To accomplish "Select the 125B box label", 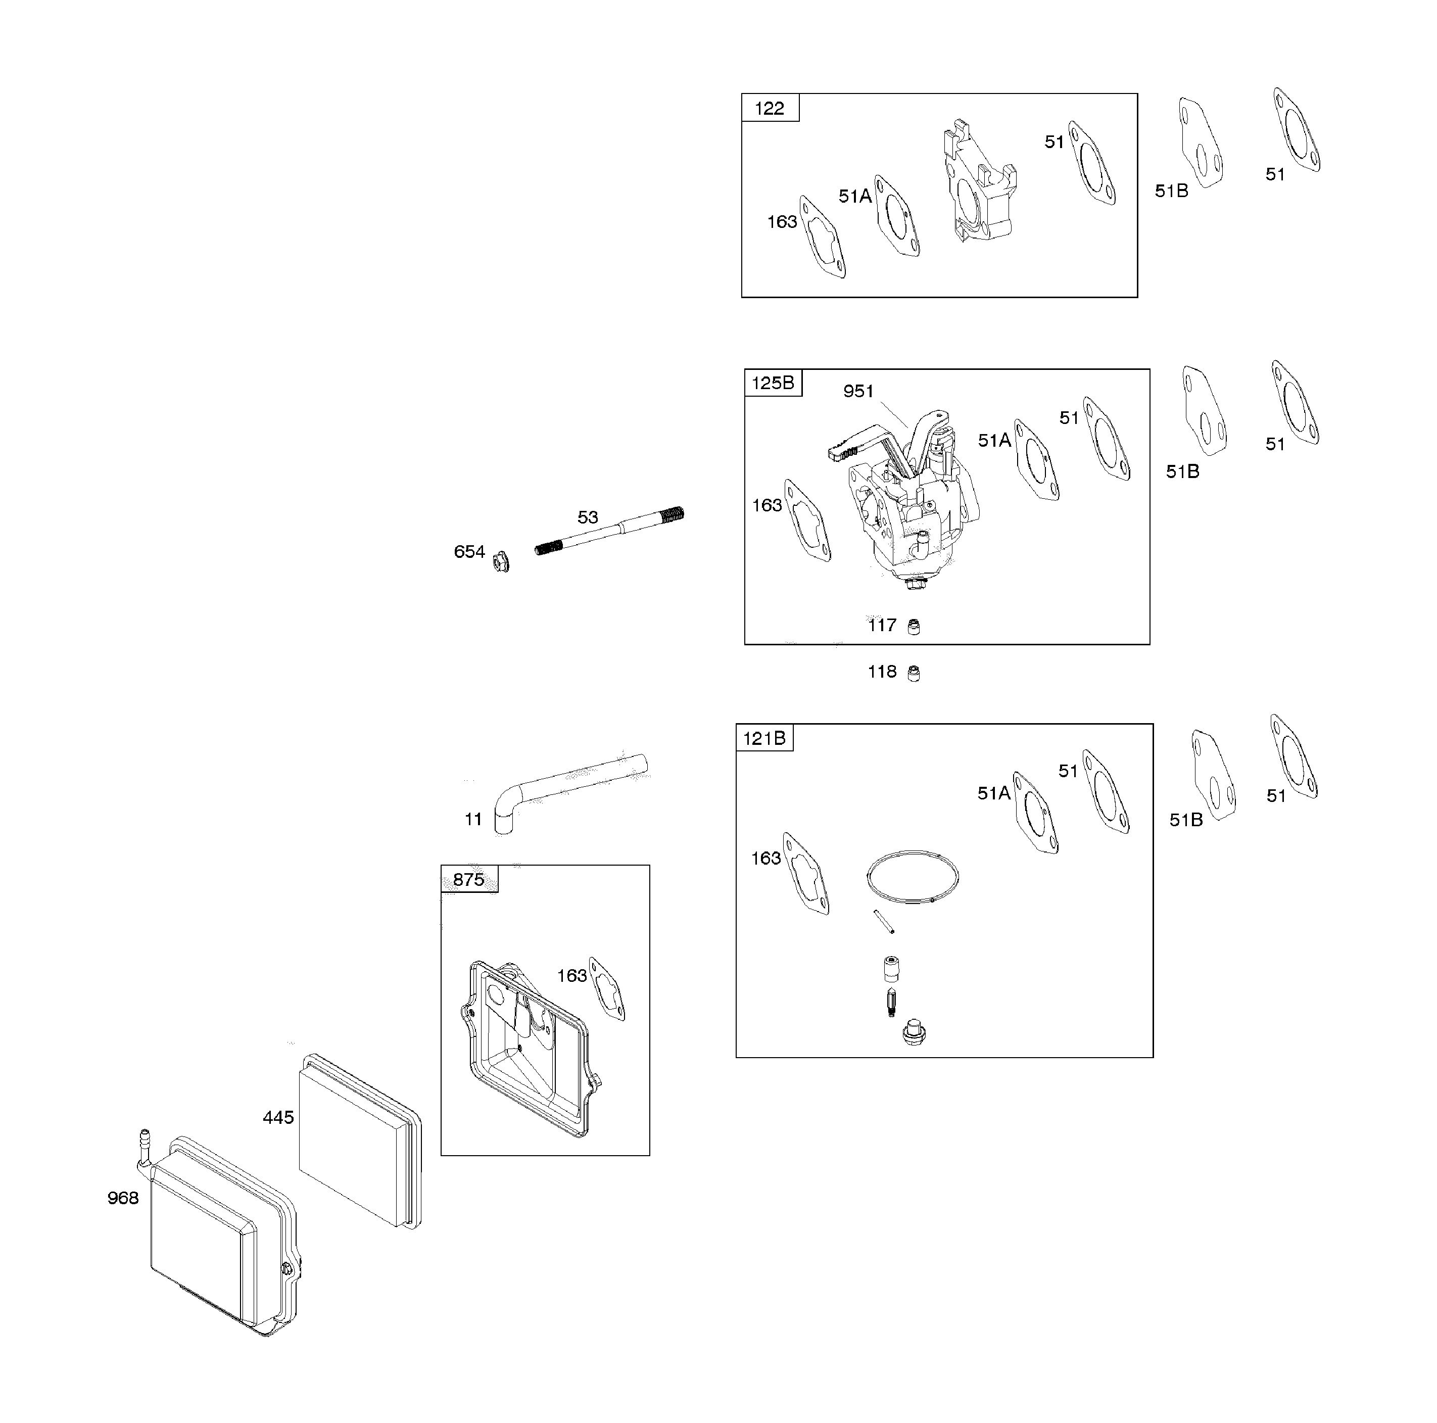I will pyautogui.click(x=772, y=383).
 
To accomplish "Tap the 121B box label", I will pyautogui.click(x=764, y=738).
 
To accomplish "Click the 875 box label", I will pyautogui.click(x=468, y=879).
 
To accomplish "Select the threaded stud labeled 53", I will pyautogui.click(x=610, y=531).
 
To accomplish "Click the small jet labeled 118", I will pyautogui.click(x=914, y=674).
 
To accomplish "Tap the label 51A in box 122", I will pyautogui.click(x=854, y=197).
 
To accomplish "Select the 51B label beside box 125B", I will pyautogui.click(x=1182, y=471).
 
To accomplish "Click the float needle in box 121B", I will pyautogui.click(x=892, y=1003).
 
